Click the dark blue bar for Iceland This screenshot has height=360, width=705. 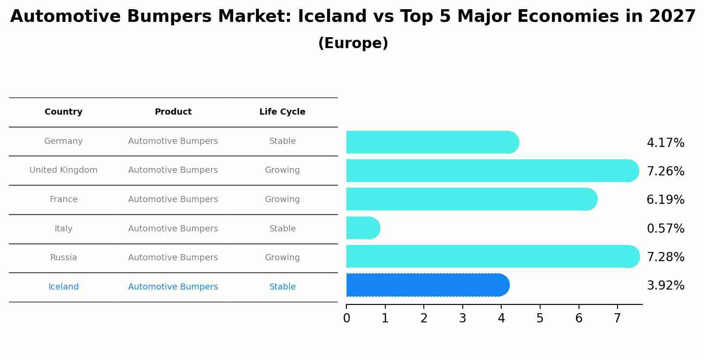pos(426,285)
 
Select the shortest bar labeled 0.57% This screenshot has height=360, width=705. pos(362,228)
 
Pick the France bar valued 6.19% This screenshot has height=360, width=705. pos(471,199)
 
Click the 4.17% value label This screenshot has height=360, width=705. pos(665,143)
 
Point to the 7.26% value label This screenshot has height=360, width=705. pos(665,171)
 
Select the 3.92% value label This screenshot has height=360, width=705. pos(665,286)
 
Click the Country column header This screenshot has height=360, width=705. pos(63,112)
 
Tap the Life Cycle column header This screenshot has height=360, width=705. pos(282,112)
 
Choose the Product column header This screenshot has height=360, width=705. pos(173,112)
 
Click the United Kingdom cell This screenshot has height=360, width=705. pos(63,170)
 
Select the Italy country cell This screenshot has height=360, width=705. pos(63,229)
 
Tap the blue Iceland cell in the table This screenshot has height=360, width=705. pos(63,287)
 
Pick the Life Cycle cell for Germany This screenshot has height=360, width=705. pos(282,141)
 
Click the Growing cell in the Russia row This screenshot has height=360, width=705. pos(282,258)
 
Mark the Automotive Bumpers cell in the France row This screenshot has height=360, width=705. pos(173,199)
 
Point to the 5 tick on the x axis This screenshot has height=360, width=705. pos(540,318)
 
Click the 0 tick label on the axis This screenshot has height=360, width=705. pos(346,318)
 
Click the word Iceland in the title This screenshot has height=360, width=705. pos(332,17)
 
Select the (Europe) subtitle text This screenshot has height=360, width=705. pos(353,43)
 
